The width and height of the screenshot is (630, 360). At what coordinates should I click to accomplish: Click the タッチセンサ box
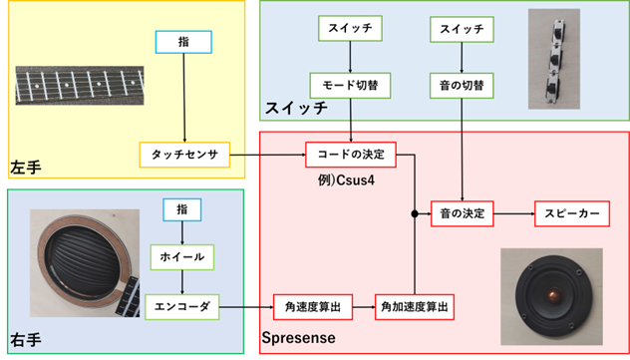pyautogui.click(x=184, y=155)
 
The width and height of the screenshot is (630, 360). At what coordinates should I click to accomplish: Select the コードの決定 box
pyautogui.click(x=350, y=155)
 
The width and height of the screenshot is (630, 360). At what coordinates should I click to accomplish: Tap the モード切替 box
pyautogui.click(x=350, y=85)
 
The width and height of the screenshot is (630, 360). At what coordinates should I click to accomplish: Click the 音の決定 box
pyautogui.click(x=462, y=212)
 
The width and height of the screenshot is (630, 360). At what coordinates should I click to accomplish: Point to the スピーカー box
pyautogui.click(x=569, y=212)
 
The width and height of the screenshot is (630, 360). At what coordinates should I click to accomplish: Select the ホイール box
pyautogui.click(x=180, y=256)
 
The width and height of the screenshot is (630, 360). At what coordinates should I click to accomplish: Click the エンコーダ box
pyautogui.click(x=180, y=305)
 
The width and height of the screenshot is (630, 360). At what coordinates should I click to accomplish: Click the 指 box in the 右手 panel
pyautogui.click(x=180, y=209)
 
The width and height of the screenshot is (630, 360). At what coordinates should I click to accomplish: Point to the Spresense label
pyautogui.click(x=298, y=339)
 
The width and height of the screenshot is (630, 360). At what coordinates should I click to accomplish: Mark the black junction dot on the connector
pyautogui.click(x=414, y=213)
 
